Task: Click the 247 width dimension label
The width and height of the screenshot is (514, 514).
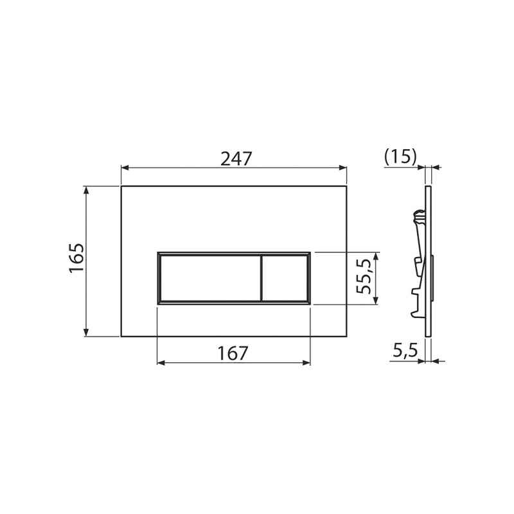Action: [236, 158]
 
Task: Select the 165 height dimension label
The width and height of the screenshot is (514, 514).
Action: [76, 258]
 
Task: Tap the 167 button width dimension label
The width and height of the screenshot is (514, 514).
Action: [233, 353]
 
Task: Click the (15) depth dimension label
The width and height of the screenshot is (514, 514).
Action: [400, 157]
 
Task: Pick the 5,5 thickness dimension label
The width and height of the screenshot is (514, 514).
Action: [405, 351]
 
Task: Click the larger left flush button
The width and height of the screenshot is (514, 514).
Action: [210, 278]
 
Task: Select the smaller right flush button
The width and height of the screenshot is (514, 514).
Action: [285, 278]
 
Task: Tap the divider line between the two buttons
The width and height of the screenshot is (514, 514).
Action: [261, 278]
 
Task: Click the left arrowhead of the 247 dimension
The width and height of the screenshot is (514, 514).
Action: [125, 168]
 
